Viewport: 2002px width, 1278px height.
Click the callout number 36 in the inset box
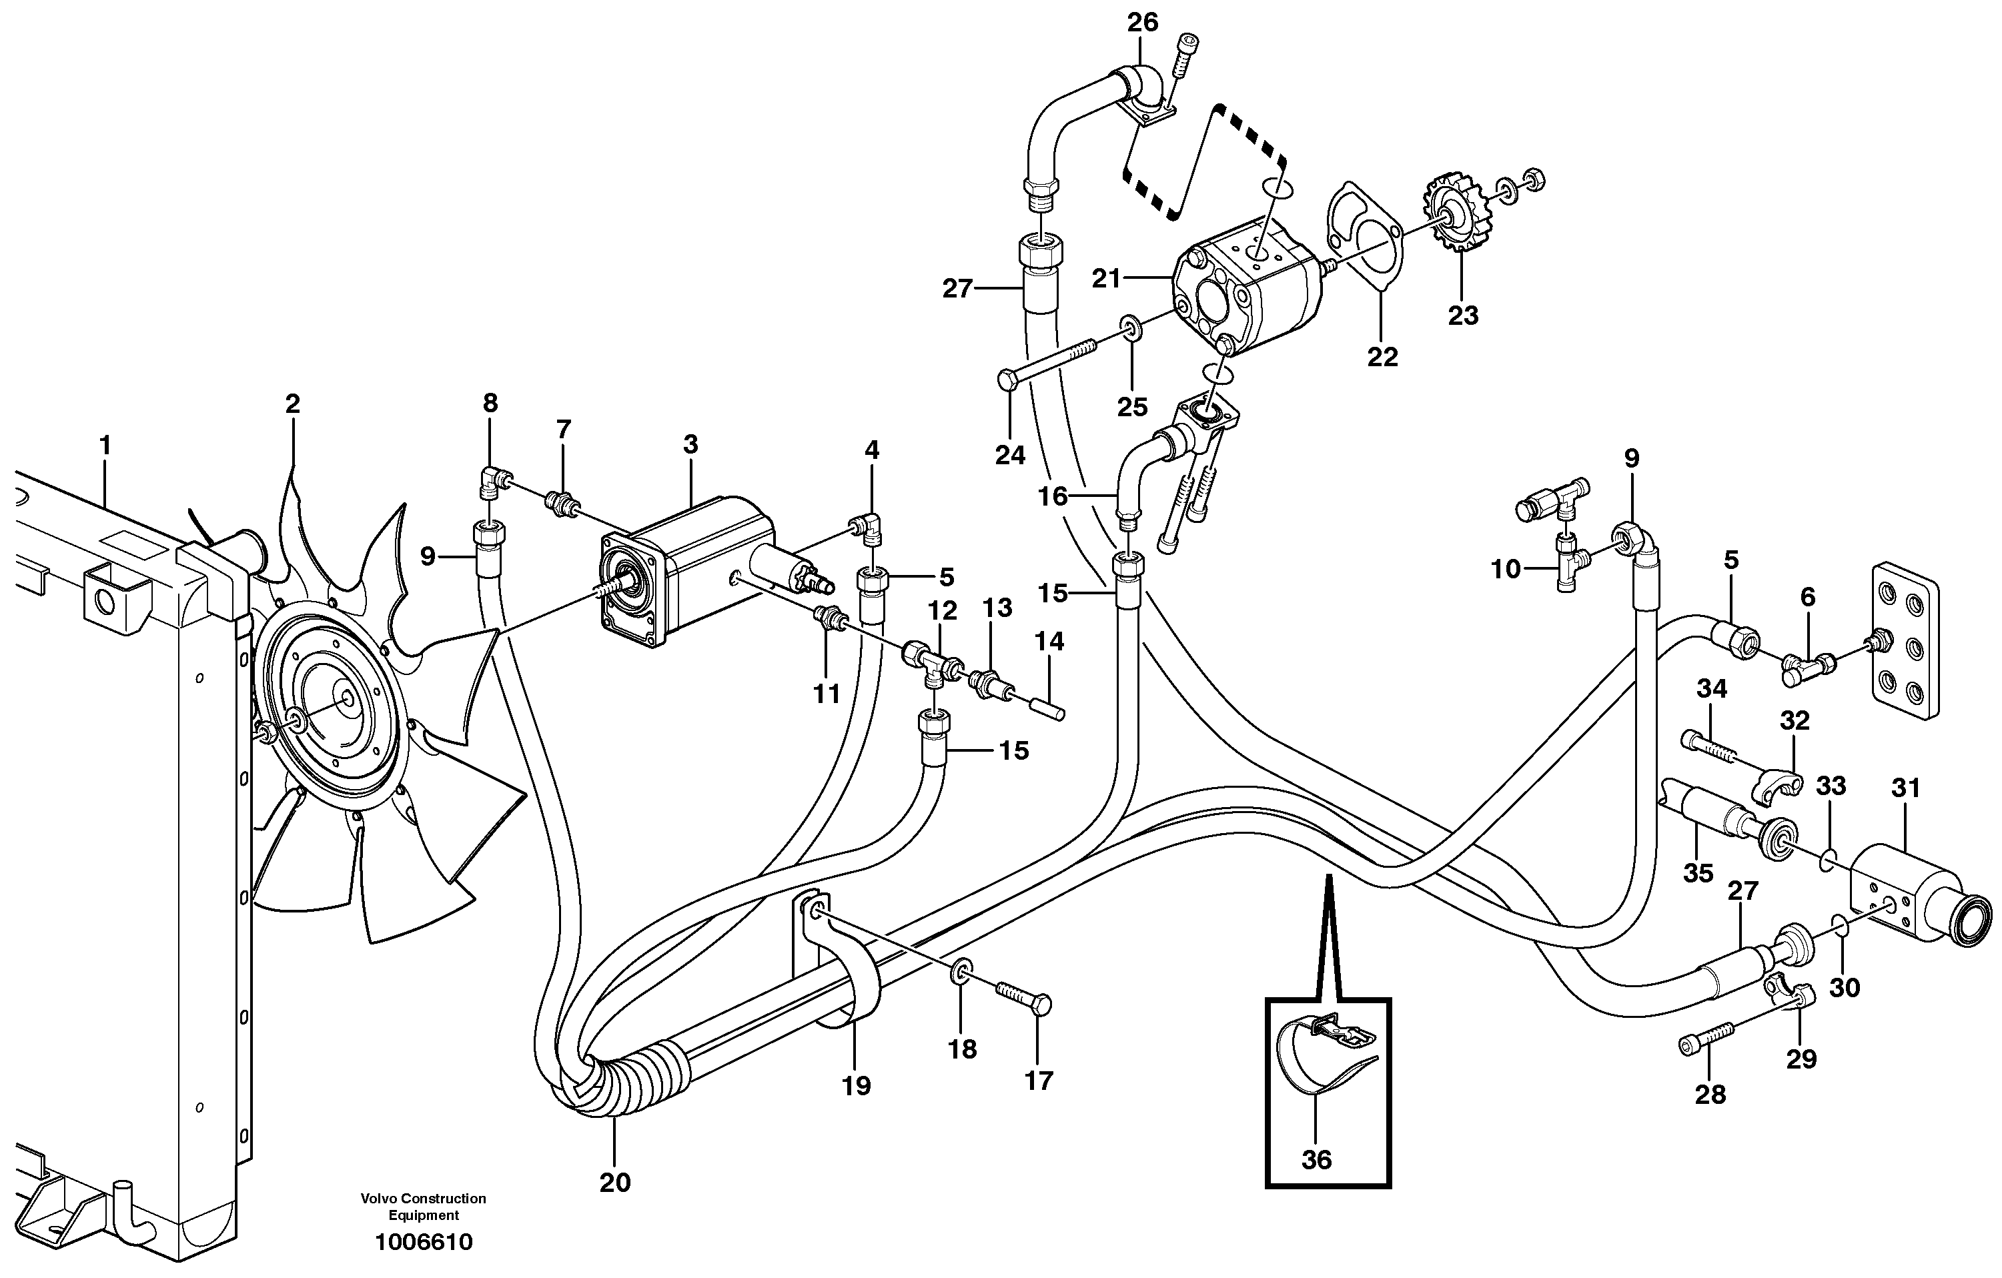click(1316, 1159)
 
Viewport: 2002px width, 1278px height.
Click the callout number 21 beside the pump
click(1107, 279)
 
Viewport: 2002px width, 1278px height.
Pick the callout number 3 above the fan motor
click(690, 444)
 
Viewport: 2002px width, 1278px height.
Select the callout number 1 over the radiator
click(105, 446)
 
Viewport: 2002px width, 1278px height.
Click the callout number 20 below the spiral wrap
click(614, 1181)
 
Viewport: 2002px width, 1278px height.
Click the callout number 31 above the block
click(1905, 788)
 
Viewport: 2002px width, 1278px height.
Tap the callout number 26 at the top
click(1142, 23)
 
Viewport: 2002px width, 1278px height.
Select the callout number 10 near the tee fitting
click(1506, 570)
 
